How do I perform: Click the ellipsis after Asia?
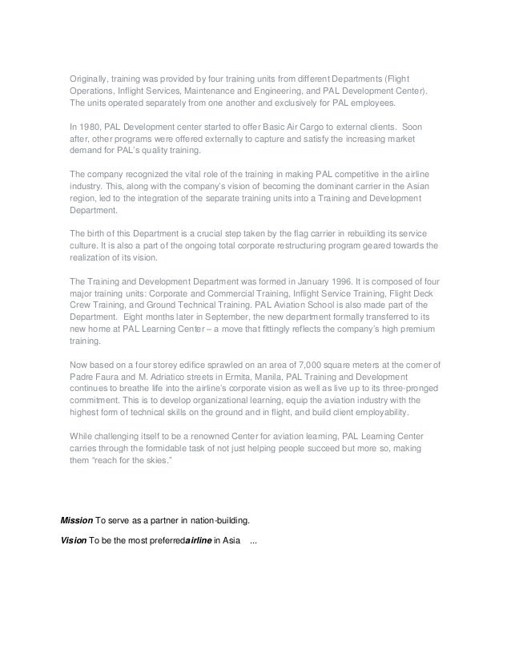[x=254, y=540]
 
